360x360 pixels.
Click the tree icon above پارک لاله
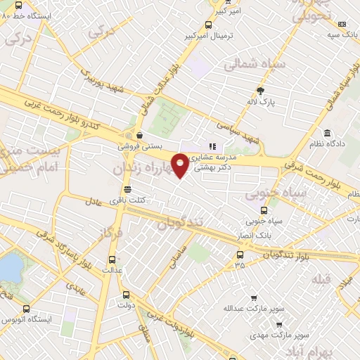click(x=261, y=90)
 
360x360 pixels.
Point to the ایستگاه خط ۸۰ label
click(x=27, y=13)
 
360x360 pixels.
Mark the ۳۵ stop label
click(x=240, y=266)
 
